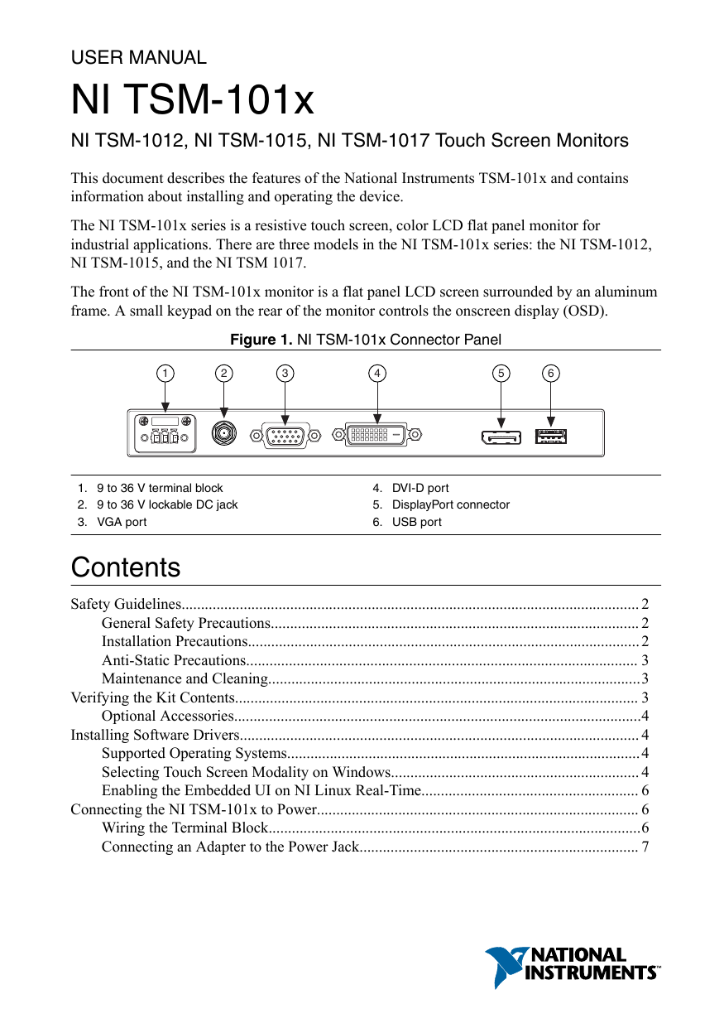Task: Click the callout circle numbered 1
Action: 166,374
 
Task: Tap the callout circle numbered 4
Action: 377,374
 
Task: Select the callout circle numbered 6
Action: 551,374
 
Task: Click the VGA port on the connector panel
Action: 285,434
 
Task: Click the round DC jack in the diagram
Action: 223,432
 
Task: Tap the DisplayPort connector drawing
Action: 501,436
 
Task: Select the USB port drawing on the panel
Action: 551,435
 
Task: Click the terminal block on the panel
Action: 166,432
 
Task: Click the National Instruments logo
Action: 572,966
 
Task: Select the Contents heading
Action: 126,568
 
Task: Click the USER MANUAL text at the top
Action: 138,58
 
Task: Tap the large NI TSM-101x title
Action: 193,100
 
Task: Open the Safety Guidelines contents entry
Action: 126,604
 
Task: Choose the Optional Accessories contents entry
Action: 168,716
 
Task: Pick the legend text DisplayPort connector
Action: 450,504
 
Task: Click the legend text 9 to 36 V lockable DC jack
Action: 166,504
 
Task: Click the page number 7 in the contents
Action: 645,847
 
